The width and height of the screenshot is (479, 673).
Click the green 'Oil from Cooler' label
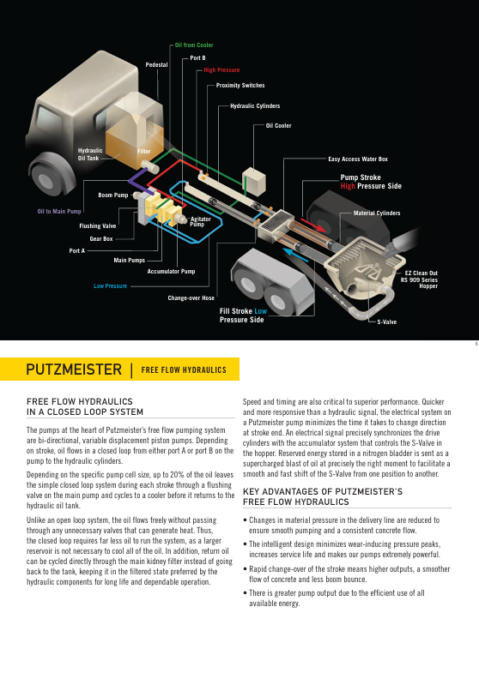pos(194,45)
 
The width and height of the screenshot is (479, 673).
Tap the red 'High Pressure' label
pos(221,70)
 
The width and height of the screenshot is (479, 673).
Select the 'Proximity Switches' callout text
pos(240,86)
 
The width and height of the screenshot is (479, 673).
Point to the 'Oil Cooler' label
pos(278,126)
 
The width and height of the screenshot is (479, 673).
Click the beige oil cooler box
pos(254,181)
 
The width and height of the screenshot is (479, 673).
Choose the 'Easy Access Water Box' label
pos(358,159)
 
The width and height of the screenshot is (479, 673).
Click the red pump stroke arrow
pos(313,225)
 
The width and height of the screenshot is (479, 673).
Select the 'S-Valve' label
pos(386,321)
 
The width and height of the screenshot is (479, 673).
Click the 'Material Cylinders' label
pos(377,213)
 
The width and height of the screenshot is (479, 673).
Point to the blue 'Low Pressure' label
pos(111,285)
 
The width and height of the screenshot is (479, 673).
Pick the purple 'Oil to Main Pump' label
pos(59,211)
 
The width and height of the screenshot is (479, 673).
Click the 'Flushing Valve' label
pos(98,225)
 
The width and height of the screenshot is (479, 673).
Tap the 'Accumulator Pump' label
pos(171,271)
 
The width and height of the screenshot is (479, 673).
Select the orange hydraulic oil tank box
pos(134,141)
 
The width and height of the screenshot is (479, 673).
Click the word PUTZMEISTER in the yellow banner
pos(74,370)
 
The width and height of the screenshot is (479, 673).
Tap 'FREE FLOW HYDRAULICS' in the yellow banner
pos(184,370)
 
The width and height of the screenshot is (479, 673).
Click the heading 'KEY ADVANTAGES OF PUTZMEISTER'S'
pos(323,491)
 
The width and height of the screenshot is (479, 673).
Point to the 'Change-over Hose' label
pos(191,297)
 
